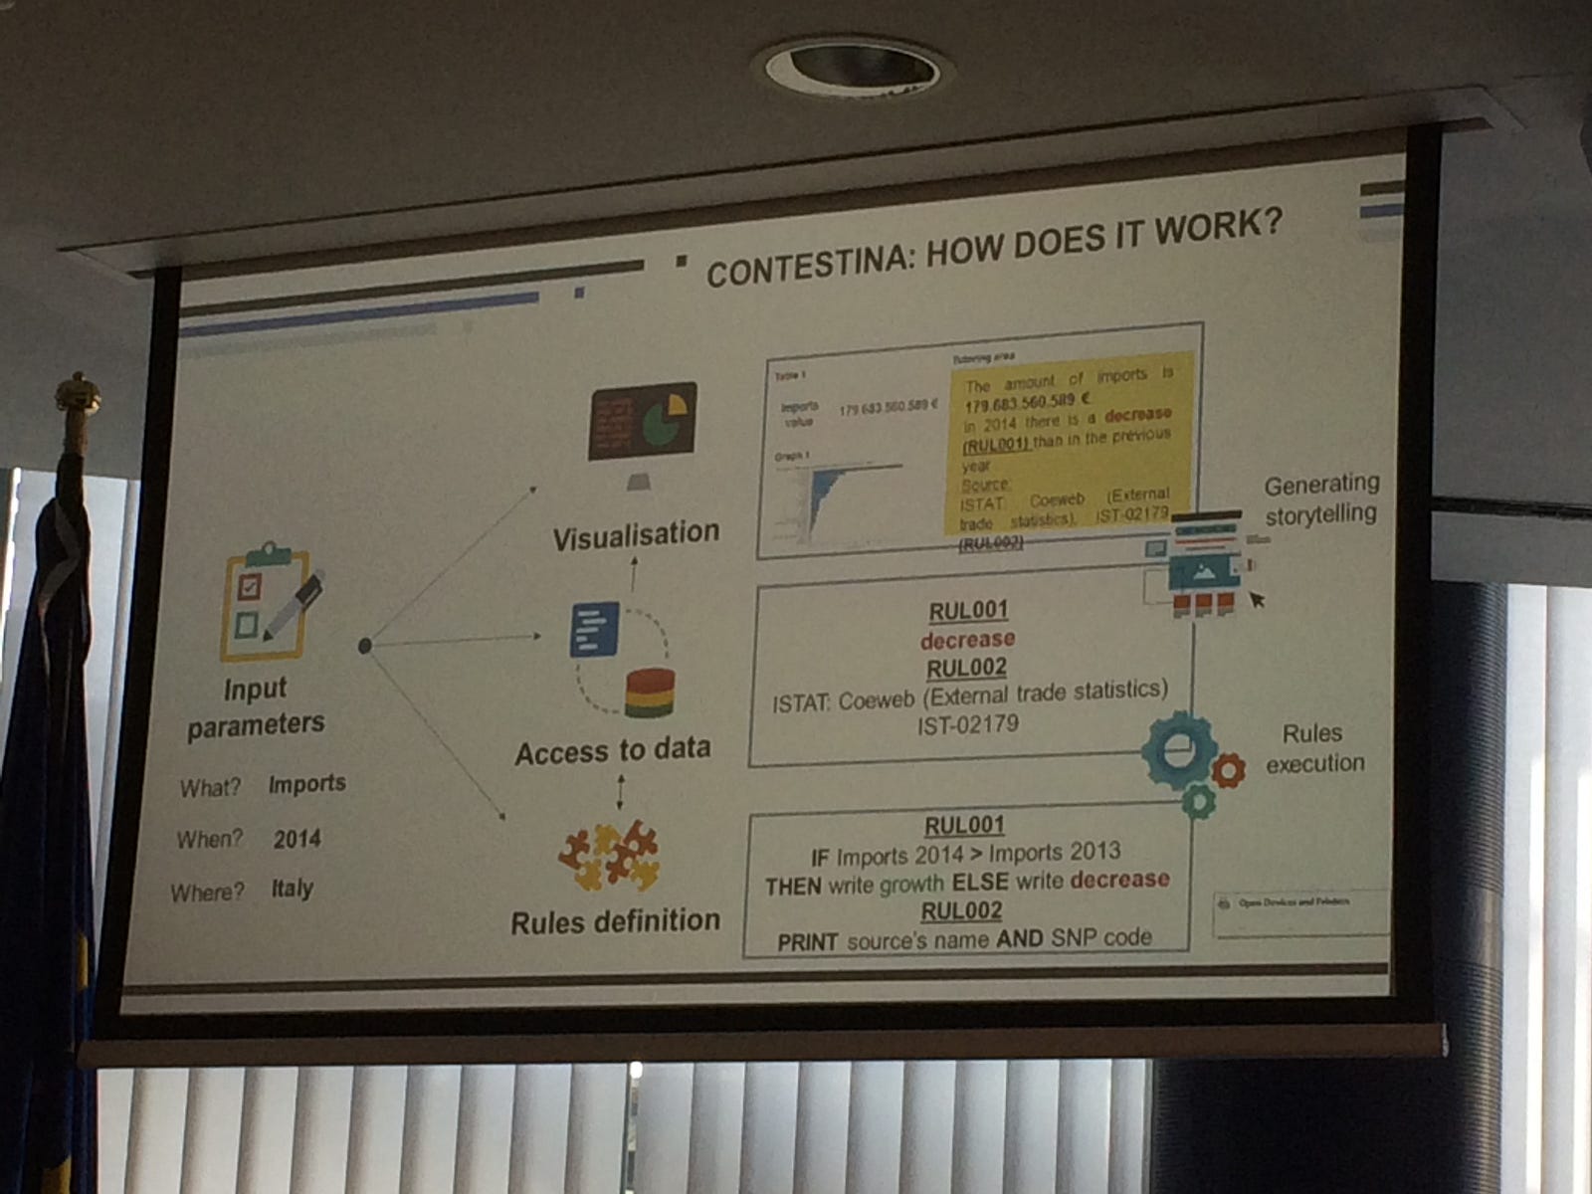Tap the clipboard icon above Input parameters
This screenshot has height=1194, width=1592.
click(x=266, y=601)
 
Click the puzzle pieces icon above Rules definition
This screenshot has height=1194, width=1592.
click(x=609, y=855)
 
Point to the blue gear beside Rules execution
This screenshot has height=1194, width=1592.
click(x=1180, y=749)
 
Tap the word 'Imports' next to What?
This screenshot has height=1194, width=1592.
click(x=306, y=784)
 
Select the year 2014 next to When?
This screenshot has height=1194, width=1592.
click(x=297, y=839)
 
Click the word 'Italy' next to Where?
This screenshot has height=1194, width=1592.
click(x=293, y=888)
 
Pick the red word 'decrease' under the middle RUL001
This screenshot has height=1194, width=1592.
click(x=967, y=639)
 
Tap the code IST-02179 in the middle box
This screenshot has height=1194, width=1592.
click(x=967, y=725)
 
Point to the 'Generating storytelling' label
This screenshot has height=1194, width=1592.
click(x=1321, y=498)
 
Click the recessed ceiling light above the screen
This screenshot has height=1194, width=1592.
click(x=854, y=67)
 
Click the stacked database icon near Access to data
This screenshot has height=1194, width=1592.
click(x=650, y=694)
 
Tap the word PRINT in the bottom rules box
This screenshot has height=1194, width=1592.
click(x=807, y=942)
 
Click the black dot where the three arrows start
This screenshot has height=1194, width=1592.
click(x=364, y=646)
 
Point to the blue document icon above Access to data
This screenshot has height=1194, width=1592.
click(x=594, y=631)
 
